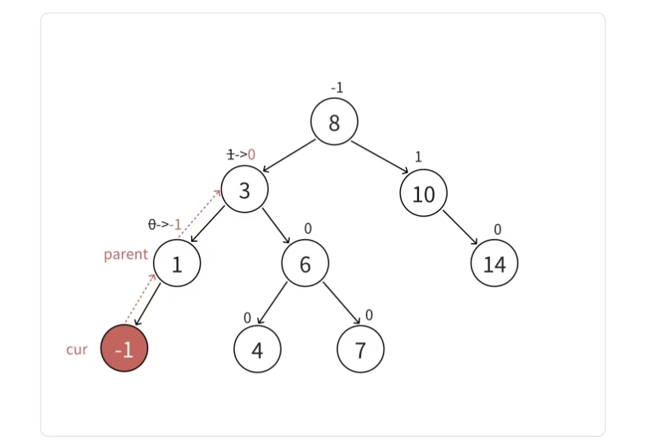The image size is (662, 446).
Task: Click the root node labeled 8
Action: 334,123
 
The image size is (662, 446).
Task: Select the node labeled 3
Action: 244,190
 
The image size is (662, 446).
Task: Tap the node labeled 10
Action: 423,194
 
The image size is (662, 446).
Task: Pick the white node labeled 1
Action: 177,264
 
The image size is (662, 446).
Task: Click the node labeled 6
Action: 305,264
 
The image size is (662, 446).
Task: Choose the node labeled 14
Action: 494,264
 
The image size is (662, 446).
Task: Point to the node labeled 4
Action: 257,350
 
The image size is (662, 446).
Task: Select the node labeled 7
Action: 360,350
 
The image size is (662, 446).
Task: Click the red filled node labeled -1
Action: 124,349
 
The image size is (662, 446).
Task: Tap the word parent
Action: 126,255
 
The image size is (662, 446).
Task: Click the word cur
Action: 76,350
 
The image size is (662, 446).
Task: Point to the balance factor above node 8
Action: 336,88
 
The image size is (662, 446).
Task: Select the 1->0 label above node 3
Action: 241,155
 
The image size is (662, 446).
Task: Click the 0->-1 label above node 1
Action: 165,225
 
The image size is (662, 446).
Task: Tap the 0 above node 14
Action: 498,229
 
